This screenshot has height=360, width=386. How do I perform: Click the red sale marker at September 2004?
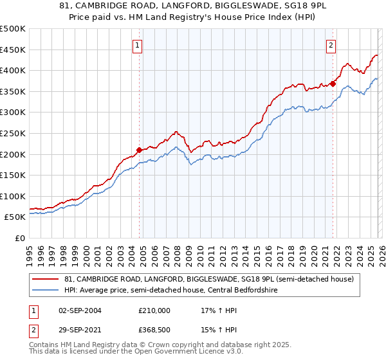click(x=140, y=150)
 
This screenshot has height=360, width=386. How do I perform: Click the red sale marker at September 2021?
click(x=333, y=83)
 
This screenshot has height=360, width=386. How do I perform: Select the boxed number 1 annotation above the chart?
click(x=138, y=45)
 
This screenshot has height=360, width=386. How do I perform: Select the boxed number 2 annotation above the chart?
click(x=331, y=45)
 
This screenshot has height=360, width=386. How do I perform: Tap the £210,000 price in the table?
click(x=154, y=310)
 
